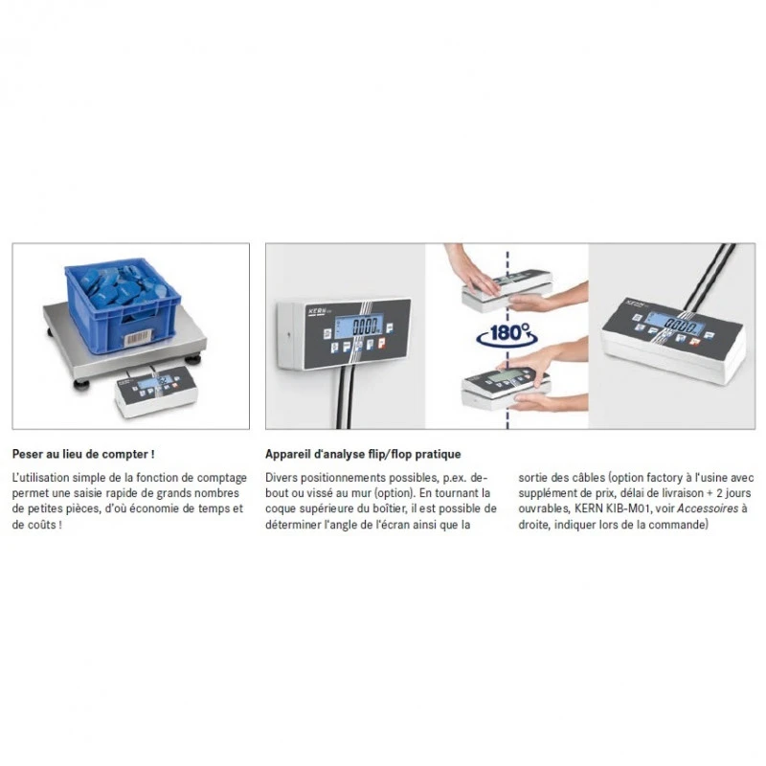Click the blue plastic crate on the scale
tap(123, 304)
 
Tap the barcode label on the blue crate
tap(138, 338)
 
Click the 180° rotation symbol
tap(507, 334)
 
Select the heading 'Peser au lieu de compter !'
tap(83, 454)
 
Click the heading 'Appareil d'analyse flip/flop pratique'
tap(363, 454)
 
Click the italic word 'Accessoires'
tap(708, 508)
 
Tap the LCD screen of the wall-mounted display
tap(358, 326)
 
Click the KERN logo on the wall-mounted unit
tap(316, 312)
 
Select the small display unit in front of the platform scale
tap(156, 391)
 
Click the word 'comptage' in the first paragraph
tap(222, 478)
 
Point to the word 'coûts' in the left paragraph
tap(43, 525)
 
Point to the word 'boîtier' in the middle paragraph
tap(389, 508)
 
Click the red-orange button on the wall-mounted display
tap(381, 343)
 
